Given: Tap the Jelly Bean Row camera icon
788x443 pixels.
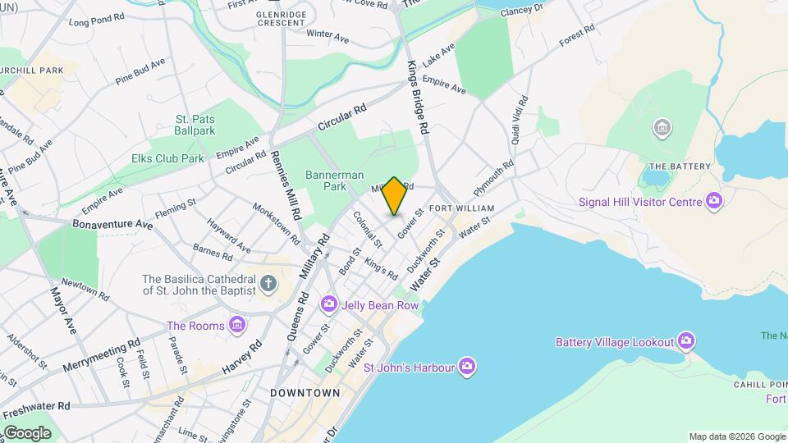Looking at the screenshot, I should pyautogui.click(x=329, y=305).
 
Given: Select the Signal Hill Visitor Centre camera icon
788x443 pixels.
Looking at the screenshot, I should pyautogui.click(x=714, y=201).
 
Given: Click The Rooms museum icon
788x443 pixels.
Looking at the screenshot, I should pyautogui.click(x=237, y=326).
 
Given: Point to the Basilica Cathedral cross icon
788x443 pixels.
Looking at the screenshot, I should pyautogui.click(x=268, y=285).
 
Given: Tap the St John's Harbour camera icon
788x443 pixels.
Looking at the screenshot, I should pyautogui.click(x=467, y=367).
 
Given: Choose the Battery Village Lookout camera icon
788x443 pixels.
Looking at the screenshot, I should pyautogui.click(x=686, y=341).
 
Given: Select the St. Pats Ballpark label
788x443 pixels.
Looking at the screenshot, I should pyautogui.click(x=195, y=125).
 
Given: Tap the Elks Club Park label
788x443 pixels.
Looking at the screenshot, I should pyautogui.click(x=167, y=158).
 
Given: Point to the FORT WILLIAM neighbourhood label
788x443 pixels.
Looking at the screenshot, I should pyautogui.click(x=461, y=208).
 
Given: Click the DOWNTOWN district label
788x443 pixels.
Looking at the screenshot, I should pyautogui.click(x=305, y=393).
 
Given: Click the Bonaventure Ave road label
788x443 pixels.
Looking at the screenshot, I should pyautogui.click(x=112, y=223).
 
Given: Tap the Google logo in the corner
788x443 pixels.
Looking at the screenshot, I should pyautogui.click(x=26, y=432).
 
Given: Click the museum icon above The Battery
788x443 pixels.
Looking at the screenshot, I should pyautogui.click(x=662, y=128).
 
